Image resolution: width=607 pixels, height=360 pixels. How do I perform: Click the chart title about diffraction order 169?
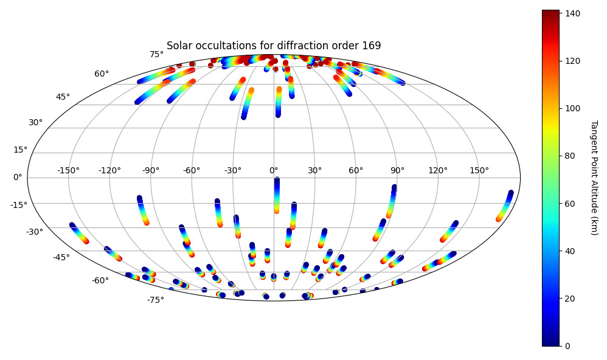coord(274,46)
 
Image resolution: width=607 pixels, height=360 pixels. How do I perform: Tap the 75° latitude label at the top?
coord(157,55)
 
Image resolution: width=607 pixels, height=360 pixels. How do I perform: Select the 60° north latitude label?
coord(102,74)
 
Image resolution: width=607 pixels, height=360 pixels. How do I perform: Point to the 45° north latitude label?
coord(63,97)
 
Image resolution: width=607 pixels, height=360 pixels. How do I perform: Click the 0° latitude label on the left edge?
coord(18,178)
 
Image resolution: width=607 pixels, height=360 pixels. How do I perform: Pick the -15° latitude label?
coord(19,205)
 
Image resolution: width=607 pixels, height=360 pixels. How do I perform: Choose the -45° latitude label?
coord(61,257)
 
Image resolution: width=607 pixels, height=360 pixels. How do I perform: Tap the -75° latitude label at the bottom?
coord(156,300)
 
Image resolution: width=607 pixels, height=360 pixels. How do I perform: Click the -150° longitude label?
coord(69,170)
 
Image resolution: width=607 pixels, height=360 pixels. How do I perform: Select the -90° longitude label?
coord(151,170)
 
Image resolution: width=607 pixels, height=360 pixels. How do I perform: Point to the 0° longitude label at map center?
coord(274,170)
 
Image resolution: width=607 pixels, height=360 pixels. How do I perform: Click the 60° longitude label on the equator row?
coord(356,170)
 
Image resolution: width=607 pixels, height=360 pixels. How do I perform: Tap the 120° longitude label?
coord(438,170)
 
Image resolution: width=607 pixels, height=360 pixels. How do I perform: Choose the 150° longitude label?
coord(479,170)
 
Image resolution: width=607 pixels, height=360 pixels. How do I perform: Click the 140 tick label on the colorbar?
coord(572,13)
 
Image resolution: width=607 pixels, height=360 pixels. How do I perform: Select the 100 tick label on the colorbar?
coord(572,108)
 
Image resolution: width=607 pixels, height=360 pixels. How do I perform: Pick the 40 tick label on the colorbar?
coord(570,251)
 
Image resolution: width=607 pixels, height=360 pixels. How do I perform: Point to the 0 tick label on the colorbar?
coord(567,346)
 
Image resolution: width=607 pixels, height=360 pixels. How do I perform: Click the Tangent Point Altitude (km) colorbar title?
coord(594,178)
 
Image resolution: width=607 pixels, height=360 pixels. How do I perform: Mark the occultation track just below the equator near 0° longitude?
coord(276,195)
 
